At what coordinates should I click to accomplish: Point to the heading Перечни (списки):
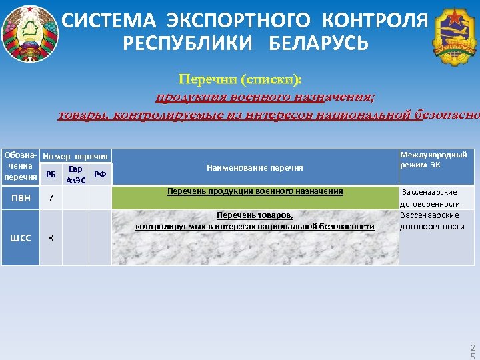(x=240, y=81)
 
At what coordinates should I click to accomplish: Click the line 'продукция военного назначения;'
(x=265, y=98)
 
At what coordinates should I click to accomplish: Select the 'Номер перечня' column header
(x=75, y=156)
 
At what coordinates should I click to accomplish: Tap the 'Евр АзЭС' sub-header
(x=75, y=175)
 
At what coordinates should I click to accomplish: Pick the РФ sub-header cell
(x=100, y=175)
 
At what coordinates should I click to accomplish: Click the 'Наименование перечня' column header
(x=255, y=167)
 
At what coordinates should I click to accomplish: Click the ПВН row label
(x=20, y=198)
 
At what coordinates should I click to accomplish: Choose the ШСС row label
(x=20, y=238)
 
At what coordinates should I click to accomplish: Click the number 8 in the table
(x=50, y=239)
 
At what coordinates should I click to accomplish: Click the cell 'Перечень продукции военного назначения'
(x=255, y=192)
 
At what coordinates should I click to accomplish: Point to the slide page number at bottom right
(x=472, y=352)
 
